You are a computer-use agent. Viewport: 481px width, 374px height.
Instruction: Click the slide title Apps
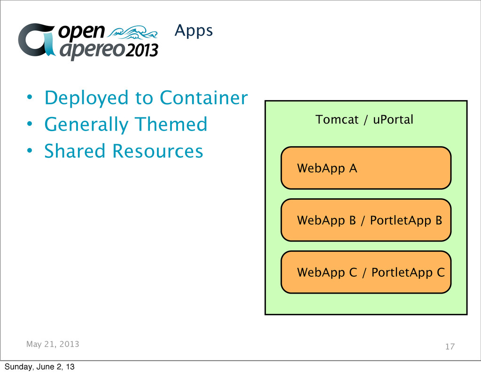(x=194, y=31)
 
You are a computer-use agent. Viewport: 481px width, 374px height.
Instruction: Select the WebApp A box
(x=366, y=168)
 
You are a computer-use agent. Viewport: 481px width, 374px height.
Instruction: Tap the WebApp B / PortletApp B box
(x=366, y=220)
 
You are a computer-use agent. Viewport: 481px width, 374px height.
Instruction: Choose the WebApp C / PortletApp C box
(x=366, y=272)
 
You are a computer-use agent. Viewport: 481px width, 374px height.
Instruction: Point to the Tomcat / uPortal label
(x=365, y=120)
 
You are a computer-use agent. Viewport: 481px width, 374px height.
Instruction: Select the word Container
(x=203, y=98)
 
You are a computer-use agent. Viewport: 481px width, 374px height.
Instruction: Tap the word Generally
(x=86, y=125)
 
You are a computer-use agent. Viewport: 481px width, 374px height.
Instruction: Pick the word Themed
(x=171, y=125)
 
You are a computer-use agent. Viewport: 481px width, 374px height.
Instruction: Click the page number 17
(x=450, y=347)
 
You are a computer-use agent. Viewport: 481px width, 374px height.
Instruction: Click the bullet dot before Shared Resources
(x=29, y=151)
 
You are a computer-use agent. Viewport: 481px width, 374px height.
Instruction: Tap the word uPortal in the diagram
(x=393, y=120)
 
